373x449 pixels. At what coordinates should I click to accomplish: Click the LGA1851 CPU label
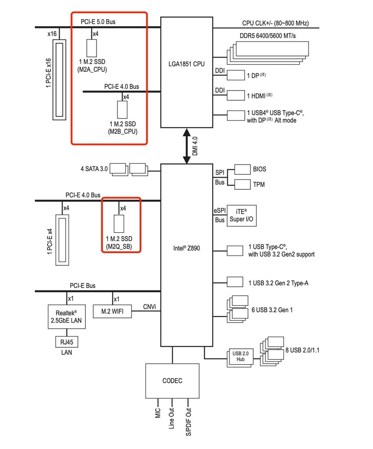click(x=186, y=64)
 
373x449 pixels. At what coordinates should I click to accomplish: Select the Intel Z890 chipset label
click(x=186, y=248)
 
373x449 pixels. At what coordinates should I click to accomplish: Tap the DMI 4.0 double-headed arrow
click(x=186, y=146)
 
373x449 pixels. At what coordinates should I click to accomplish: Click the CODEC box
click(x=173, y=381)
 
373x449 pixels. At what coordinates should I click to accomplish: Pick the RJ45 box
click(x=67, y=342)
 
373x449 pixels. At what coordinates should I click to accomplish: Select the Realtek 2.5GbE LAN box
click(x=66, y=317)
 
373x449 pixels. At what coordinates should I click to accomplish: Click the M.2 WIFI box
click(x=112, y=311)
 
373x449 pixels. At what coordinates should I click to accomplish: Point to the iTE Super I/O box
click(x=242, y=215)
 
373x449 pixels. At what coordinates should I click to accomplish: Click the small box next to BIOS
click(x=242, y=169)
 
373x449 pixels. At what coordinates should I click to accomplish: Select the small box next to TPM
click(x=242, y=185)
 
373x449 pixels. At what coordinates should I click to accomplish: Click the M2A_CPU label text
click(x=92, y=69)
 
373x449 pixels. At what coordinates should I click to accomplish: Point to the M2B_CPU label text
click(x=123, y=131)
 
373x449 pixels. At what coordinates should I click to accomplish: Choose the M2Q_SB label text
click(x=119, y=246)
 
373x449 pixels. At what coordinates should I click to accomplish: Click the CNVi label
click(x=149, y=307)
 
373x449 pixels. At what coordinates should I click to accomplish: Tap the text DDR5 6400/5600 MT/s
click(x=268, y=36)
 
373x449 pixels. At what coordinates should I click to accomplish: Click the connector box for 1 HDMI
click(x=236, y=96)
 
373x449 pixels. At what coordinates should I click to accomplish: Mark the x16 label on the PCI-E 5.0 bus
click(x=52, y=34)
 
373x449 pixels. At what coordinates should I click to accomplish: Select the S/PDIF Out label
click(x=188, y=422)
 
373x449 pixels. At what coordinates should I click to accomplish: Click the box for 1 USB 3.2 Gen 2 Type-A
click(x=235, y=282)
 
